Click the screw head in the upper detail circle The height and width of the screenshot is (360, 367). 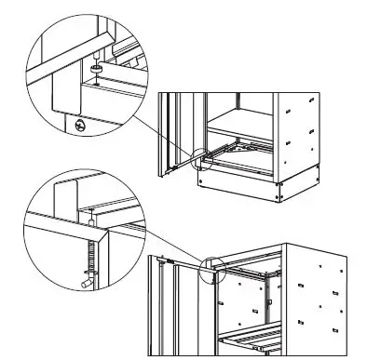[80, 125]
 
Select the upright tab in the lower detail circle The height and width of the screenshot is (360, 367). [63, 200]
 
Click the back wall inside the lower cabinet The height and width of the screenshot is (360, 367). [247, 298]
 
